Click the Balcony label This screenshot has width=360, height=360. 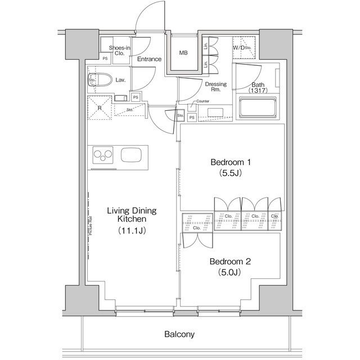pos(179,334)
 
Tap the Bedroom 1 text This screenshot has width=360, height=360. pos(230,163)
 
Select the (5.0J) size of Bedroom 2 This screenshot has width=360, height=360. pos(229,273)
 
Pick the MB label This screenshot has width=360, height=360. pos(183,53)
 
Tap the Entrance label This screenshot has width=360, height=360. pos(149,59)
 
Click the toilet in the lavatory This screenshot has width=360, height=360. pos(102,80)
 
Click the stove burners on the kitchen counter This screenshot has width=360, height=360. pos(103,154)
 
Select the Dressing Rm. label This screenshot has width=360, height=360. pos(215,87)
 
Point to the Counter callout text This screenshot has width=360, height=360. pos(202,102)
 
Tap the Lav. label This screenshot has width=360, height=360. pos(120,80)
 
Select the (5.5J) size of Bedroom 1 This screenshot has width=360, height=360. pos(230,173)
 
